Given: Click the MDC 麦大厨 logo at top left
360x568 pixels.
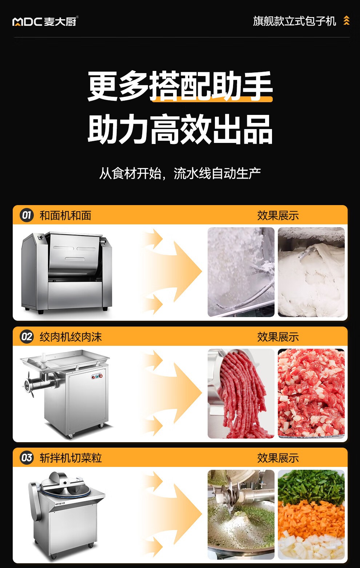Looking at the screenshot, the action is coord(45,21).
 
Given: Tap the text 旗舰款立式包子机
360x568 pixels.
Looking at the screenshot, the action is coord(294,21).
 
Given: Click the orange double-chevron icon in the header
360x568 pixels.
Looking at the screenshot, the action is coord(346,20).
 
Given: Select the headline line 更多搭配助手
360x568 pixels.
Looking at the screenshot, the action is coord(180,86).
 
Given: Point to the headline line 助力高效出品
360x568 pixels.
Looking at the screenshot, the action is coord(180,129).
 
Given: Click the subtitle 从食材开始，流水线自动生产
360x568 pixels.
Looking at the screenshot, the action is coord(180,173).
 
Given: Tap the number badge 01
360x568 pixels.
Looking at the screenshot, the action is coord(27,215).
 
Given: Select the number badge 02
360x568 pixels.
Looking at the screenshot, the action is coord(27,337).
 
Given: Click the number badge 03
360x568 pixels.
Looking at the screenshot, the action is coord(27,458).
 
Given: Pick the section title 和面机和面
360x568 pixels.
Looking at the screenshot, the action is coord(65,216).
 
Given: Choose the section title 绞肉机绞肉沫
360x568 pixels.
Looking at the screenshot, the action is coord(71,337).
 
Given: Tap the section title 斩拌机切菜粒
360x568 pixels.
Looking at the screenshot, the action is coord(71,458).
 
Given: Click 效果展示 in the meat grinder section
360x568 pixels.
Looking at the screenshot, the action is coord(278,337).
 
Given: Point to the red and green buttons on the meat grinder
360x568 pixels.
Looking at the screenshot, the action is coord(97,377).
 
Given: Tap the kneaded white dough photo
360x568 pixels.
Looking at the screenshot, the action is coord(311,272).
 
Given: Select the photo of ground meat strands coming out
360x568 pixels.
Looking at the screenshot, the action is coord(241,393).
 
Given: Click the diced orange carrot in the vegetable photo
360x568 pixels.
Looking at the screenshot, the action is coord(311,515).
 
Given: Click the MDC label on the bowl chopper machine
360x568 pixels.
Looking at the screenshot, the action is coord(60,503).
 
